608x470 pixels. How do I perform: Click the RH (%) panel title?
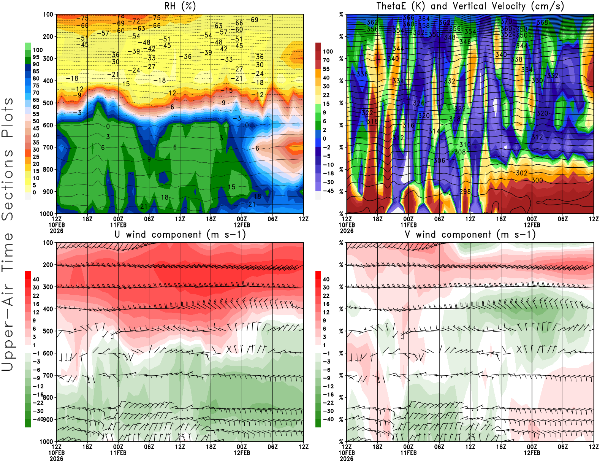(180, 6)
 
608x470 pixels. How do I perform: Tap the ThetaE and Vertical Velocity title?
(470, 6)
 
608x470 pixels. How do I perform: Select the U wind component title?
(180, 235)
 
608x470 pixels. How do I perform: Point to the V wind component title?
(470, 235)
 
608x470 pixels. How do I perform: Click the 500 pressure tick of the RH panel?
(48, 103)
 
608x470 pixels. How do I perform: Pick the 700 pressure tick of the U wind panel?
(48, 375)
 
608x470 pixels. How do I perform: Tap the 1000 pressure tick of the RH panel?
(46, 214)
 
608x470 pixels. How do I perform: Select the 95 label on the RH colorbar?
(36, 57)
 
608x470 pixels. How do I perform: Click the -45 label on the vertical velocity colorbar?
(328, 191)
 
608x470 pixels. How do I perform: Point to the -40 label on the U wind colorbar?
(38, 419)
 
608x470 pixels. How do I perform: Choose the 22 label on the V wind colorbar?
(326, 295)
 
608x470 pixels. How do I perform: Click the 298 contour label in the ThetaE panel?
(465, 192)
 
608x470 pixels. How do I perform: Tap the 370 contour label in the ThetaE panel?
(507, 22)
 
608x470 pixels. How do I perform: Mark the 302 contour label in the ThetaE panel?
(522, 173)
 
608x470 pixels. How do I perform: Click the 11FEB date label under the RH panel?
(118, 225)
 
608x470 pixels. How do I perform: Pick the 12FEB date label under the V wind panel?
(532, 453)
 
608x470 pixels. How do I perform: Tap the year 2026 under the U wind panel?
(56, 459)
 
